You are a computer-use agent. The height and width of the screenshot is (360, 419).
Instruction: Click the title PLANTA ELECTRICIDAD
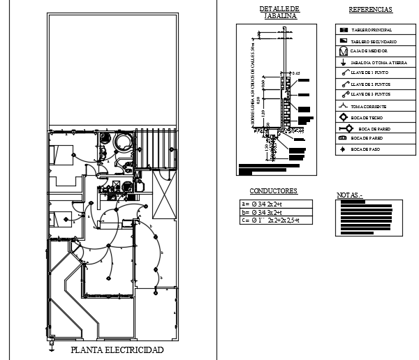coord(117,350)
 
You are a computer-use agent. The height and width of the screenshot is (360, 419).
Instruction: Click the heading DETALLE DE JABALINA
coord(277,12)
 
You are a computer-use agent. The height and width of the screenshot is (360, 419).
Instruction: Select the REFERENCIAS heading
coord(370,10)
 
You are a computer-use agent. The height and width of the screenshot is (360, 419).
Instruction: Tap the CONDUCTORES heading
coord(274,190)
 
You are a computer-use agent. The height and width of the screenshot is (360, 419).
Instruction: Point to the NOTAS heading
coord(351,195)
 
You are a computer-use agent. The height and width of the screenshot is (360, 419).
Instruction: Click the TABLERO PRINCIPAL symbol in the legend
coord(343,30)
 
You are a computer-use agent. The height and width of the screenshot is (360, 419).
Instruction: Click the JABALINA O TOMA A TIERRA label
coord(378,63)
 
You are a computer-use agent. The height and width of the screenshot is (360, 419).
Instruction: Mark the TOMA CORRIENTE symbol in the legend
coord(343,106)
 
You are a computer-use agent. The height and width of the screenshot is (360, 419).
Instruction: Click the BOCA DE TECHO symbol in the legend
coord(343,117)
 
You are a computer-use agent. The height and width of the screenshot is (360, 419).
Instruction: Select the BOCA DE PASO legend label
coord(366,149)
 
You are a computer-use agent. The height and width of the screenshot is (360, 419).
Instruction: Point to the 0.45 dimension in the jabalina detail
coord(295,73)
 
